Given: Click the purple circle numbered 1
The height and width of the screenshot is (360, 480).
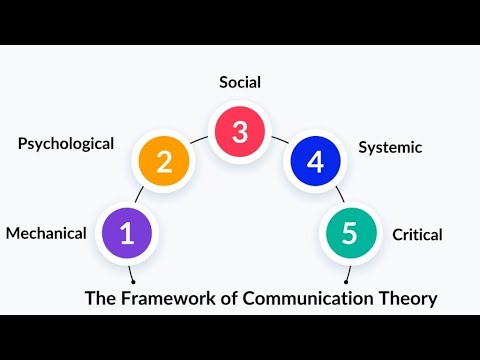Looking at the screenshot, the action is point(127,233).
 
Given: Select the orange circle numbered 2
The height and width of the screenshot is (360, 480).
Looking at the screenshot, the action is point(165,162).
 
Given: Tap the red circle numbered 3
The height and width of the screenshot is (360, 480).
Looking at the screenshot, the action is point(239,132).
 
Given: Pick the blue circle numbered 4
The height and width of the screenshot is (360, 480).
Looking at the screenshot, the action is point(315,162).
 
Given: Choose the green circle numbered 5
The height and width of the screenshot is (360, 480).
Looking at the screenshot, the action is point(349,233).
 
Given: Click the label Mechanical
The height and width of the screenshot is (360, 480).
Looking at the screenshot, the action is point(46,234).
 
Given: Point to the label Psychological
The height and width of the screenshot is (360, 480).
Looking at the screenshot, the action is point(66,143).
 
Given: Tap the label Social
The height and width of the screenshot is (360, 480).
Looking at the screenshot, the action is point(240,81).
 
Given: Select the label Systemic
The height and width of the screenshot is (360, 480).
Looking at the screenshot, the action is point(390,147).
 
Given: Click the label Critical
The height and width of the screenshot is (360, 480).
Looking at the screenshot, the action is point(417,235).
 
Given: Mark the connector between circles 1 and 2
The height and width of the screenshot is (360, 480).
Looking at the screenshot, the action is point(146,197).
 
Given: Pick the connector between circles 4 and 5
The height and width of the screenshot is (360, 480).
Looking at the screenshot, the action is point(334,197).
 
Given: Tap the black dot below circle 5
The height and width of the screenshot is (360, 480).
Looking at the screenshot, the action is point(346,281).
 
